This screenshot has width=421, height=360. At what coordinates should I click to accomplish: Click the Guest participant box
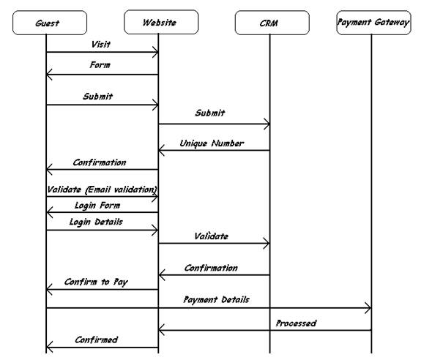[x=50, y=23]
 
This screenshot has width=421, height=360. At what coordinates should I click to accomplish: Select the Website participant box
[x=161, y=22]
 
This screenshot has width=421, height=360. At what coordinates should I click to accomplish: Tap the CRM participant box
[x=272, y=23]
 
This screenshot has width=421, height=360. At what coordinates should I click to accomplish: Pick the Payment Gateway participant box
[x=373, y=23]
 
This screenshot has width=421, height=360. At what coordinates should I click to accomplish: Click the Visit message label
[x=101, y=44]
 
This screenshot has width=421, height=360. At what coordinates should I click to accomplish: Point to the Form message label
[x=100, y=65]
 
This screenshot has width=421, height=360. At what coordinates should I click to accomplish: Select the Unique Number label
[x=212, y=143]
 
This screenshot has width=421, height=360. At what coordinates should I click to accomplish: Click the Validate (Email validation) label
[x=102, y=190]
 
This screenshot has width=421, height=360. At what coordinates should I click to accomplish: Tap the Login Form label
[x=97, y=206]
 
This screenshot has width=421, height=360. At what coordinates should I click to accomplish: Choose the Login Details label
[x=96, y=222]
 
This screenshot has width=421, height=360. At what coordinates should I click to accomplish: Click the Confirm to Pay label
[x=96, y=282]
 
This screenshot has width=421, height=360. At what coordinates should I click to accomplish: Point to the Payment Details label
[x=217, y=300]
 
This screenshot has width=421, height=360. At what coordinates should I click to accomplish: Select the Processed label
[x=296, y=323]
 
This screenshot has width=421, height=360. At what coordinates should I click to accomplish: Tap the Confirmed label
[x=96, y=340]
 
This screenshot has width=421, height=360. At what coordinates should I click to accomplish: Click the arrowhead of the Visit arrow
[x=156, y=52]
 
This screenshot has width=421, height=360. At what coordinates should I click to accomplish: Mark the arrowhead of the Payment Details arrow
[x=368, y=308]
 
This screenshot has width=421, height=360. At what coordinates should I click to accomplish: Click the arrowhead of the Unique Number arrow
[x=162, y=150]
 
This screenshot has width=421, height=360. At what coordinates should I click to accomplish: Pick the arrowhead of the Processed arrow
[x=162, y=330]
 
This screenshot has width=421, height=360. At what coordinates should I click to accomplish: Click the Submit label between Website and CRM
[x=210, y=113]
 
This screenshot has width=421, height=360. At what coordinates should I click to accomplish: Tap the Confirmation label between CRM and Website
[x=211, y=268]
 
